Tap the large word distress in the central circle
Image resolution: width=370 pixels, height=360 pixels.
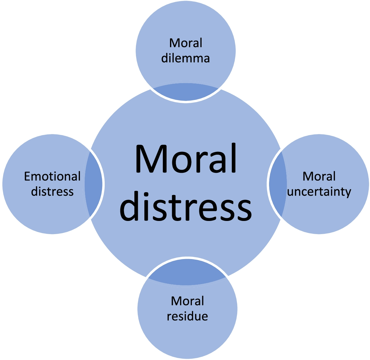(186, 206)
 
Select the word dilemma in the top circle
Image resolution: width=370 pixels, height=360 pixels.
(186, 58)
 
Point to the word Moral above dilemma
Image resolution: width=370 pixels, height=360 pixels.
(186, 43)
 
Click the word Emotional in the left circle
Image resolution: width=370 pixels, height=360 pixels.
(52, 177)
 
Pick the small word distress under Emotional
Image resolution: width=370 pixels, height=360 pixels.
(52, 191)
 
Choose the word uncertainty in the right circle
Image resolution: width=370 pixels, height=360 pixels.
(319, 192)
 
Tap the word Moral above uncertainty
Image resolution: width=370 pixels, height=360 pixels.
(319, 177)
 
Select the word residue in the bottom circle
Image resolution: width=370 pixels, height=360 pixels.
(187, 316)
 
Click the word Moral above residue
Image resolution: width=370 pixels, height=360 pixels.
(187, 301)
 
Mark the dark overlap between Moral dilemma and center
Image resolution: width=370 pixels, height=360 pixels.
(186, 92)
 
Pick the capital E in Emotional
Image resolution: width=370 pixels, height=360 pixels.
(28, 177)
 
